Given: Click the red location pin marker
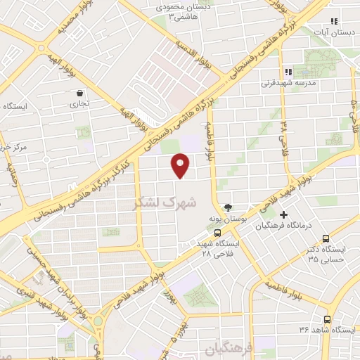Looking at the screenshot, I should [181, 165].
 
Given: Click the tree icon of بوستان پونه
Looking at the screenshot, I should [227, 207].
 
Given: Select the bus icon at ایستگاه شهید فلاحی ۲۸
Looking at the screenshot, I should [217, 233].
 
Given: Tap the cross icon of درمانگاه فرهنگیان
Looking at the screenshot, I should [284, 214].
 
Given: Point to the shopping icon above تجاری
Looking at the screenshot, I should [79, 92].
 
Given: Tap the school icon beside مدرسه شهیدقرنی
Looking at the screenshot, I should [288, 72].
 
